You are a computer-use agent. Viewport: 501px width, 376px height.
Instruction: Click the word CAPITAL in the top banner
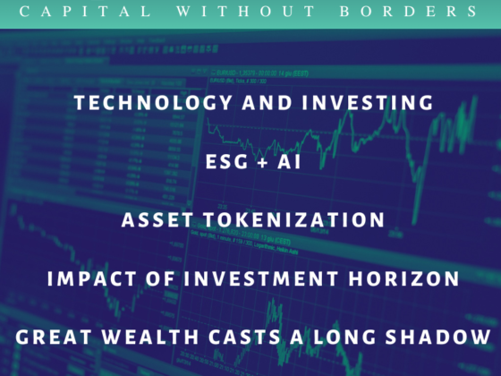pyautogui.click(x=85, y=12)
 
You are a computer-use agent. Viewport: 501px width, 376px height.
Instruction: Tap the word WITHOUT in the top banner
pyautogui.click(x=246, y=12)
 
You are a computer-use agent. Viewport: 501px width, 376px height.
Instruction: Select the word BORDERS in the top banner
pyautogui.click(x=409, y=12)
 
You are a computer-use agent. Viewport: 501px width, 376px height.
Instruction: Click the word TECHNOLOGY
pyautogui.click(x=153, y=103)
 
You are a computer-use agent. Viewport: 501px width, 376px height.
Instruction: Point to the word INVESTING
pyautogui.click(x=368, y=103)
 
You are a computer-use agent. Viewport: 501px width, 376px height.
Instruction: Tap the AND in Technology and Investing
pyautogui.click(x=267, y=103)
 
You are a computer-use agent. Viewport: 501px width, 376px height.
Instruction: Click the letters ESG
pyautogui.click(x=227, y=161)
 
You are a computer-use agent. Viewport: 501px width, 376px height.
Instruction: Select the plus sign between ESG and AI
pyautogui.click(x=263, y=162)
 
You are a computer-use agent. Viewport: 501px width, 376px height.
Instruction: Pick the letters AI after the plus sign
pyautogui.click(x=289, y=161)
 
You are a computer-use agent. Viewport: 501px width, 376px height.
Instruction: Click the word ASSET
pyautogui.click(x=157, y=219)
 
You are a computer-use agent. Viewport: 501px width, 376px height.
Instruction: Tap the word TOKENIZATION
pyautogui.click(x=294, y=219)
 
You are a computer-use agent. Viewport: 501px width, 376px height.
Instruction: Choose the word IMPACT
pyautogui.click(x=92, y=278)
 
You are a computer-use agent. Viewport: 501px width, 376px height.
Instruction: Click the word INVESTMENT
pyautogui.click(x=261, y=278)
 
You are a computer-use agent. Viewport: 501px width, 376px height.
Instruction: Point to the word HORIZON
pyautogui.click(x=403, y=278)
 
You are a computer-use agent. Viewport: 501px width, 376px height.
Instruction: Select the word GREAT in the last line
pyautogui.click(x=54, y=337)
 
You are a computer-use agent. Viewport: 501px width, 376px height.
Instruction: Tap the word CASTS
pyautogui.click(x=245, y=337)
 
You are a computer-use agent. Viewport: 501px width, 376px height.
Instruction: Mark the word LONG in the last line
pyautogui.click(x=344, y=337)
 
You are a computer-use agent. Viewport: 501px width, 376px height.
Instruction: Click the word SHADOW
pyautogui.click(x=437, y=337)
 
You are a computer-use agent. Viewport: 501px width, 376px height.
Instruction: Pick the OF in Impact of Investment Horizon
pyautogui.click(x=160, y=278)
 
